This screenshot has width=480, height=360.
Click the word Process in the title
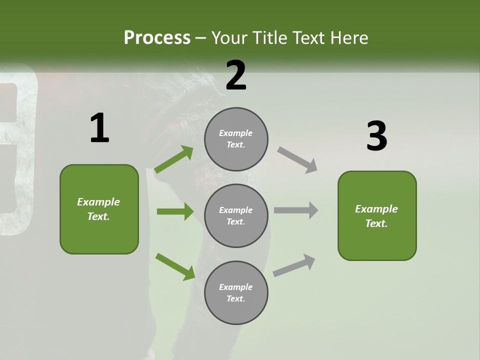(x=157, y=37)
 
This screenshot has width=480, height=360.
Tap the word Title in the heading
(x=269, y=37)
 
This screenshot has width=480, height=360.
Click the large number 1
(x=99, y=128)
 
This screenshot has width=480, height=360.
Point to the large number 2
(x=236, y=75)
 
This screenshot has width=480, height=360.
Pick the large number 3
(x=376, y=136)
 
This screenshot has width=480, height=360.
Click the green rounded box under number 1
(x=99, y=209)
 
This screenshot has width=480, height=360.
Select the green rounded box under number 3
(x=377, y=216)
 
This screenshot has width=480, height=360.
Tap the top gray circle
(x=236, y=139)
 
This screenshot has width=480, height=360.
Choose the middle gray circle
(x=236, y=216)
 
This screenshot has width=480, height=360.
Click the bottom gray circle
(x=236, y=293)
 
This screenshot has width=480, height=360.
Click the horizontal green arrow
(x=175, y=211)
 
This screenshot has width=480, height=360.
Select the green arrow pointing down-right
(x=175, y=266)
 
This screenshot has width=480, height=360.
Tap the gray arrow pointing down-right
(x=297, y=160)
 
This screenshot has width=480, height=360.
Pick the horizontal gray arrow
(x=296, y=210)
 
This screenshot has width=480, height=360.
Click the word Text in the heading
(x=308, y=37)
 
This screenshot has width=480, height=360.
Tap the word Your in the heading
(x=230, y=37)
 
